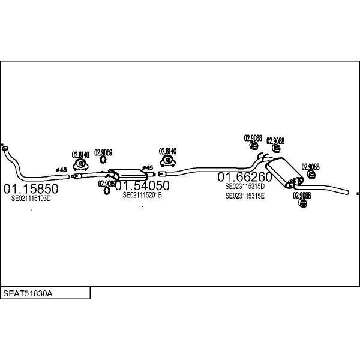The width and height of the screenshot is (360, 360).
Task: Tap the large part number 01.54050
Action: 142,185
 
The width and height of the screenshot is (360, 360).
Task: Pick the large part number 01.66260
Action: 244,177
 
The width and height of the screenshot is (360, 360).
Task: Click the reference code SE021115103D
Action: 31,199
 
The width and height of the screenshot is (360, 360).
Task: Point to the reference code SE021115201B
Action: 142,195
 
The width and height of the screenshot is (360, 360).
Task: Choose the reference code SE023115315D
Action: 245,187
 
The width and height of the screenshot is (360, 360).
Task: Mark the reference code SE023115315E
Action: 245,196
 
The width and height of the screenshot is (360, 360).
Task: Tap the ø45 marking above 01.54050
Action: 147,168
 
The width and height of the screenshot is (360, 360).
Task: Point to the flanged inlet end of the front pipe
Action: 3,146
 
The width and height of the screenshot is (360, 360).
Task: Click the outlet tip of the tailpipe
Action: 345,191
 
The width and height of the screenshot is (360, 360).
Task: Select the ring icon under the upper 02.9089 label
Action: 103,160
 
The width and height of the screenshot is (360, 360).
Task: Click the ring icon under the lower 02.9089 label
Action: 107,191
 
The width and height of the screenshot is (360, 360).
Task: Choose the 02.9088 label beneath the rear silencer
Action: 301,196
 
